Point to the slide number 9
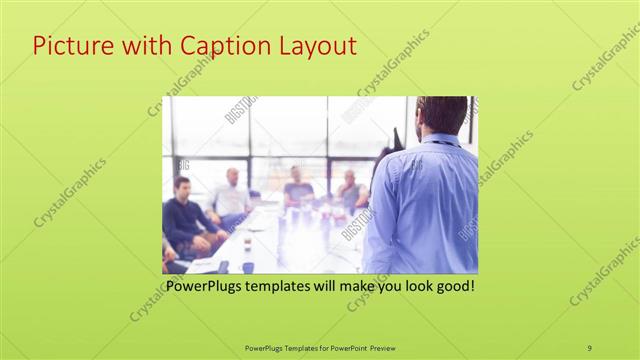click(x=589, y=347)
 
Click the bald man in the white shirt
click(x=231, y=195)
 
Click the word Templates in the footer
click(x=290, y=347)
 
